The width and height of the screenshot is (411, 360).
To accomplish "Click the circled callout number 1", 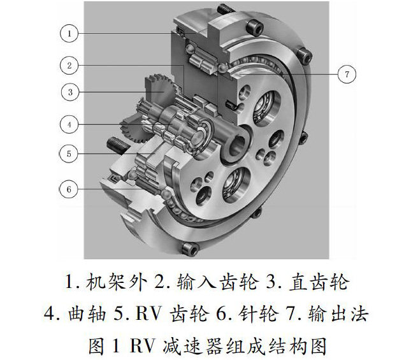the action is tap(69, 33).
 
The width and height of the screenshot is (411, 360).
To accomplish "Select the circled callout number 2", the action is tap(69, 65).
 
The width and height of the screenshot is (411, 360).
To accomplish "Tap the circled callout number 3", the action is tap(70, 92).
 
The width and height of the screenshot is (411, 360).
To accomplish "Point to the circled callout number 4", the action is tap(69, 124).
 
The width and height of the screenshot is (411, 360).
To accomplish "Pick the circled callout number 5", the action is tap(69, 154).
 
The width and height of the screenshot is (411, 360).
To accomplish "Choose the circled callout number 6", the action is tap(69, 189).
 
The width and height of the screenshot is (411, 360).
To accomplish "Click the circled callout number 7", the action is tap(347, 74).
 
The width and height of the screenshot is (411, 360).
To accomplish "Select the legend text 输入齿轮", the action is tap(217, 282).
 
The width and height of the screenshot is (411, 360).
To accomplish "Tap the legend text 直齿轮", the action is tap(319, 282).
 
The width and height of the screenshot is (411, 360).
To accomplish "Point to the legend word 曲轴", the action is tap(87, 313).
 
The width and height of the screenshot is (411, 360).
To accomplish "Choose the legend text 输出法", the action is tap(338, 313).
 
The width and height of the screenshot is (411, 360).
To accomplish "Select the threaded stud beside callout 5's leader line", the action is tap(117, 146).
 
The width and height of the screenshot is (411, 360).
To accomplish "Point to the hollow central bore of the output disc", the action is tap(238, 145).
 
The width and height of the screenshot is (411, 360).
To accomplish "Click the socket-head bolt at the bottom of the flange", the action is tap(190, 248).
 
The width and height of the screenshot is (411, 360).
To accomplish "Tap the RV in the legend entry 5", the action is tap(148, 313).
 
